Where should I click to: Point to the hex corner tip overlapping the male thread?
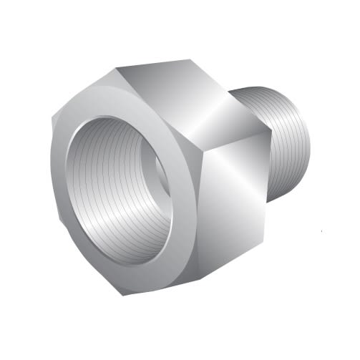[271, 132]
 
